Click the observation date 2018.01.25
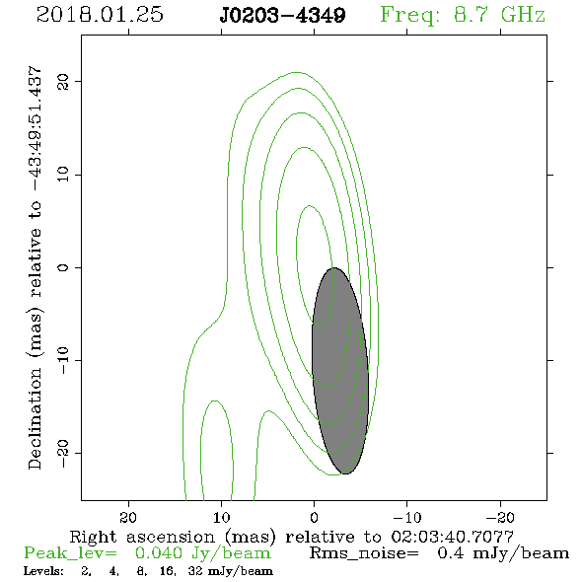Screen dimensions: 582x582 pos(100,15)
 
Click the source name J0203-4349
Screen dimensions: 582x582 pos(282,15)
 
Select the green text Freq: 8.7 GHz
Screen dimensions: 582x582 pos(463,16)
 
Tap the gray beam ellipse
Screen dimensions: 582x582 pos(340,371)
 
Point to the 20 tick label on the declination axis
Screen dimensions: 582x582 pos(63,81)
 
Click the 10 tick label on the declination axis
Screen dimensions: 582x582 pos(63,175)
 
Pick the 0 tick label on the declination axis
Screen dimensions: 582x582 pos(63,267)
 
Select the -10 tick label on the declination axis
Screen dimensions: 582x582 pos(63,360)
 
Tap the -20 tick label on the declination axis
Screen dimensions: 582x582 pos(63,454)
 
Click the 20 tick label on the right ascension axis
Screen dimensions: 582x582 pos(128,517)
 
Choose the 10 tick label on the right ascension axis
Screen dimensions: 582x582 pos(222,517)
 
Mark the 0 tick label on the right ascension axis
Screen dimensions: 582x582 pos(315,517)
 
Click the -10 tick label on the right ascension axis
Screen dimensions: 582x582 pos(407,517)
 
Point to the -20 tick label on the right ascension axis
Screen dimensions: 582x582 pos(500,517)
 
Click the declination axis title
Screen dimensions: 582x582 pos(35,267)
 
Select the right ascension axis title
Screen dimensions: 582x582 pos(292,537)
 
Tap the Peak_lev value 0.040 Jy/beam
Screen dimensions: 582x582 pos(202,553)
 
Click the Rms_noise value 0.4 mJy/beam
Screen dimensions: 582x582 pos(503,553)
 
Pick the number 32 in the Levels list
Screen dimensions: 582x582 pos(195,571)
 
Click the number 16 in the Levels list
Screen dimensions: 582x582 pos(168,571)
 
